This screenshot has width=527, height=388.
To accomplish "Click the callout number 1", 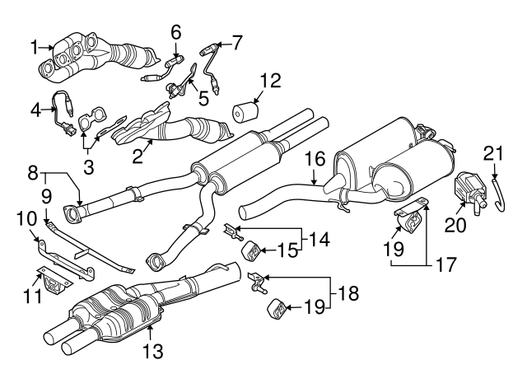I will click(x=34, y=47).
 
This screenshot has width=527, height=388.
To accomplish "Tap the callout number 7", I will click(x=237, y=39).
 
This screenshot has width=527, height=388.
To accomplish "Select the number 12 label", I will click(x=270, y=81).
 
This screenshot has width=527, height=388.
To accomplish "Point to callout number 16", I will click(x=317, y=158).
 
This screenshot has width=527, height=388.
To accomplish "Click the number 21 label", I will click(x=492, y=153).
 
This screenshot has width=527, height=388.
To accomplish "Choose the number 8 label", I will click(x=33, y=173).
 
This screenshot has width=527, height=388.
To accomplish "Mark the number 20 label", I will click(x=455, y=222).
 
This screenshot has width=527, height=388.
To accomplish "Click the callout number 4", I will click(x=35, y=106).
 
